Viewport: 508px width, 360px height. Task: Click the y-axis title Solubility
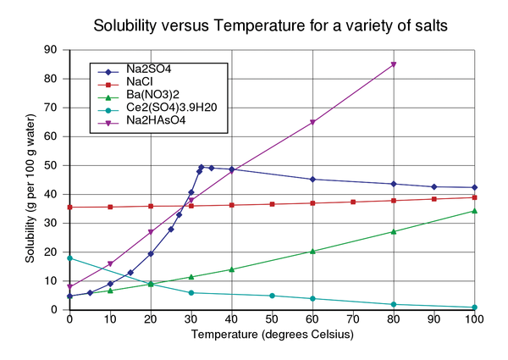[30, 180]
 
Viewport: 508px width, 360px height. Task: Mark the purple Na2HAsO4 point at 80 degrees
[394, 64]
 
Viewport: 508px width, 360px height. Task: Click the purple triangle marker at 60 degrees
[312, 122]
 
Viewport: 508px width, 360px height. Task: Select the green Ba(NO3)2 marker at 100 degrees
[475, 211]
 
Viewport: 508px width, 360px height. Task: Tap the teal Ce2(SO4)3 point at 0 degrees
[69, 258]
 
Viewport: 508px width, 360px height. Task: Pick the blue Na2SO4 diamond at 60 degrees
[312, 180]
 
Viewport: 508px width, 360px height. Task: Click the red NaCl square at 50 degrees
[272, 204]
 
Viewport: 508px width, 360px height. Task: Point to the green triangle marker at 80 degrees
[394, 231]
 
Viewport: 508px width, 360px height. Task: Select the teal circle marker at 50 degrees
[272, 296]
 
